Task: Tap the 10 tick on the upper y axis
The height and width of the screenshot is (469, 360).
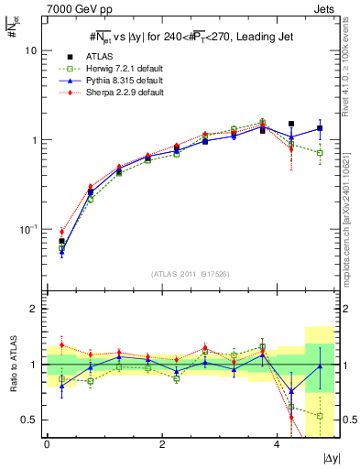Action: coord(32,51)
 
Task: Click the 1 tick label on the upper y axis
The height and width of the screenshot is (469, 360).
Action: coord(35,140)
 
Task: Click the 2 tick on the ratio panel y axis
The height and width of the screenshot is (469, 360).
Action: coord(35,309)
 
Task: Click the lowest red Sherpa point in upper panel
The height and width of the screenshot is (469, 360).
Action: coord(61,232)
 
